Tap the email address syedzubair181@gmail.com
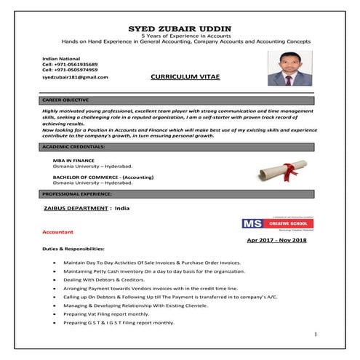click(x=75, y=76)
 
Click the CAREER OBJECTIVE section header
click(x=66, y=99)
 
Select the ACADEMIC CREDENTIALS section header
click(x=73, y=147)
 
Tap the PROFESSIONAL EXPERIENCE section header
click(x=77, y=195)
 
